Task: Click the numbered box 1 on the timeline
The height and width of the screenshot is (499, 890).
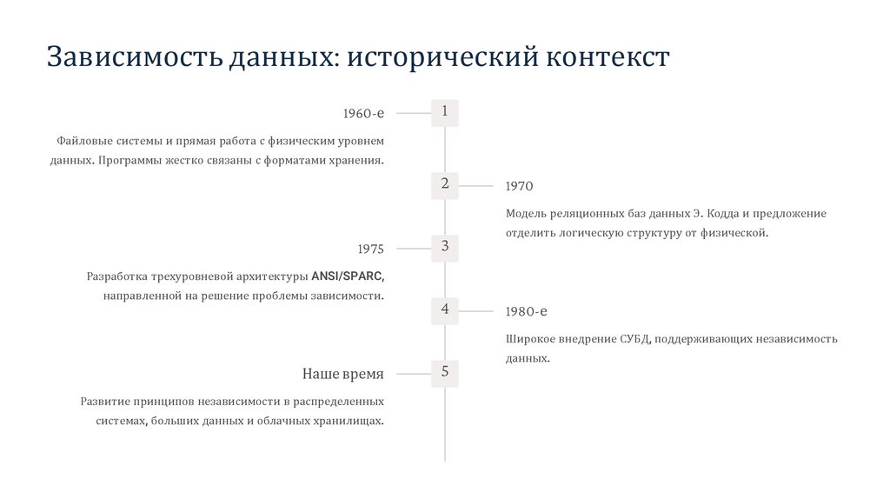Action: point(445,112)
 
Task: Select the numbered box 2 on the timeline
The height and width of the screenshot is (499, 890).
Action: point(445,184)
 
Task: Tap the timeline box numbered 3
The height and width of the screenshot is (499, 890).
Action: point(445,248)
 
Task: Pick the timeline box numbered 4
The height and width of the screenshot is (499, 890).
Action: point(445,310)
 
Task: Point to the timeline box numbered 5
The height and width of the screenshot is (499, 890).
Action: point(445,373)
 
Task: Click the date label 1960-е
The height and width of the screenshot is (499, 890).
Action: point(363,114)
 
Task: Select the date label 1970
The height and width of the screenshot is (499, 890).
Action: point(519,186)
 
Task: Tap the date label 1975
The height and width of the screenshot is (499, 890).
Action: point(370,249)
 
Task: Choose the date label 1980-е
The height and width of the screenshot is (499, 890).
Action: point(526,311)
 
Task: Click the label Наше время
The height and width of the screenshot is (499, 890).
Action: point(342,374)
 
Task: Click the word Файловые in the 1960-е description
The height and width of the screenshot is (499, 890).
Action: point(80,140)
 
